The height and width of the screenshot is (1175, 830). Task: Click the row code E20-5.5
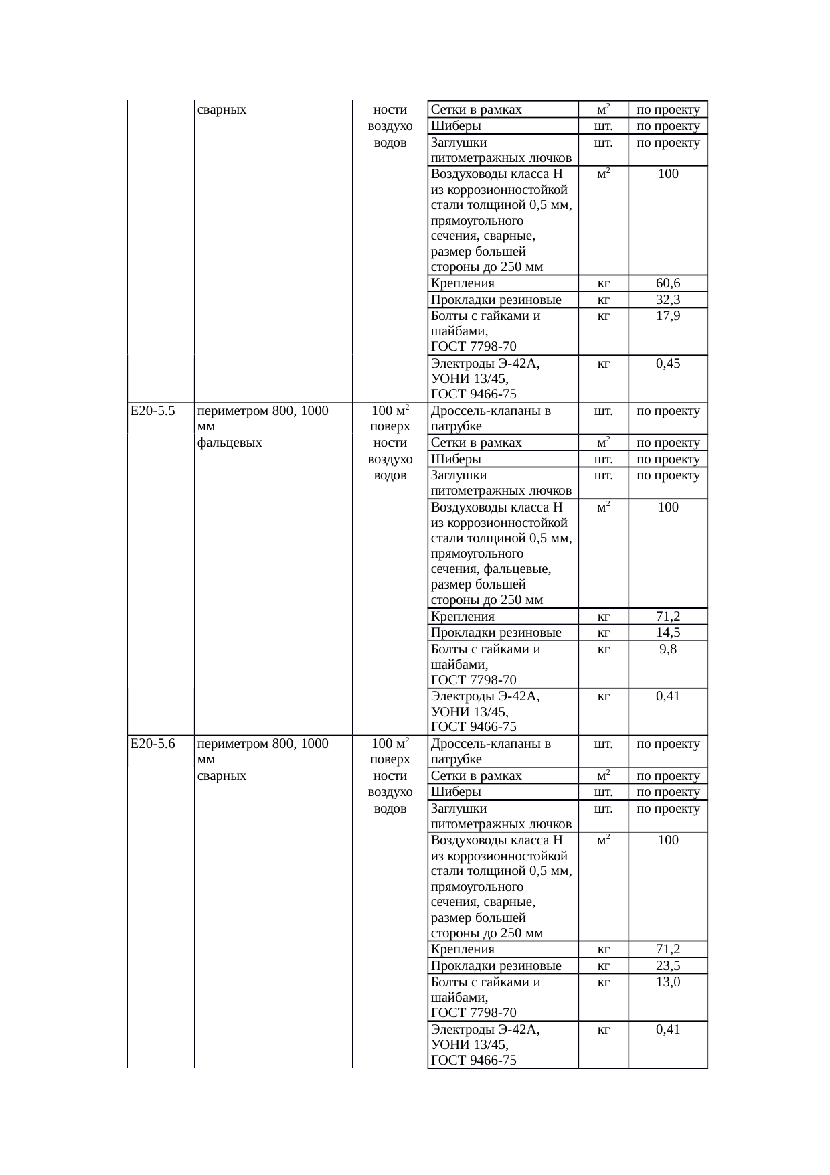tap(153, 411)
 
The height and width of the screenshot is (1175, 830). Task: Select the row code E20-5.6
tap(153, 744)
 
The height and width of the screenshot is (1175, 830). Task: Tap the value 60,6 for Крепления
tap(667, 283)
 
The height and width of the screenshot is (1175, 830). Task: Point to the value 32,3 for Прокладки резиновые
tap(667, 300)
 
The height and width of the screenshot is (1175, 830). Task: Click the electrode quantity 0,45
tap(667, 364)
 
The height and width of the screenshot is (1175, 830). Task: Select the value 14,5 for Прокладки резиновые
tap(667, 633)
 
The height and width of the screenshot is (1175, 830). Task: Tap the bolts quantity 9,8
tap(667, 649)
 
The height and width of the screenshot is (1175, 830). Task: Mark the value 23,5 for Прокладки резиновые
tap(667, 965)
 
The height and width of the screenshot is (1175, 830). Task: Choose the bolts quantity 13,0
tap(667, 982)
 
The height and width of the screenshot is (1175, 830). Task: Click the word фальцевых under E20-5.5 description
tap(230, 443)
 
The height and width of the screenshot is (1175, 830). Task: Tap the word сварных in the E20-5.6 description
tap(222, 776)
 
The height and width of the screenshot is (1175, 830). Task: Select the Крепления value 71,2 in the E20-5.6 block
tap(667, 949)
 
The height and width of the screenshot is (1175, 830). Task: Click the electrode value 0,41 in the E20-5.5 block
tap(667, 696)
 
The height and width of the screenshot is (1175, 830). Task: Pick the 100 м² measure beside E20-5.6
tap(390, 744)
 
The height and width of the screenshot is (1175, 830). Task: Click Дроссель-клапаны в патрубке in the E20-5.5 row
tap(491, 418)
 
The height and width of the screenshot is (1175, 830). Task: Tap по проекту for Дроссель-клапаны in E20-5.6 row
tap(667, 744)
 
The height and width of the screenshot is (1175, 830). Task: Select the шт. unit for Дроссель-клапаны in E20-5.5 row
tap(603, 411)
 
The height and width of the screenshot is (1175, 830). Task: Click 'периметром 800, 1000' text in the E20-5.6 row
tap(263, 744)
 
